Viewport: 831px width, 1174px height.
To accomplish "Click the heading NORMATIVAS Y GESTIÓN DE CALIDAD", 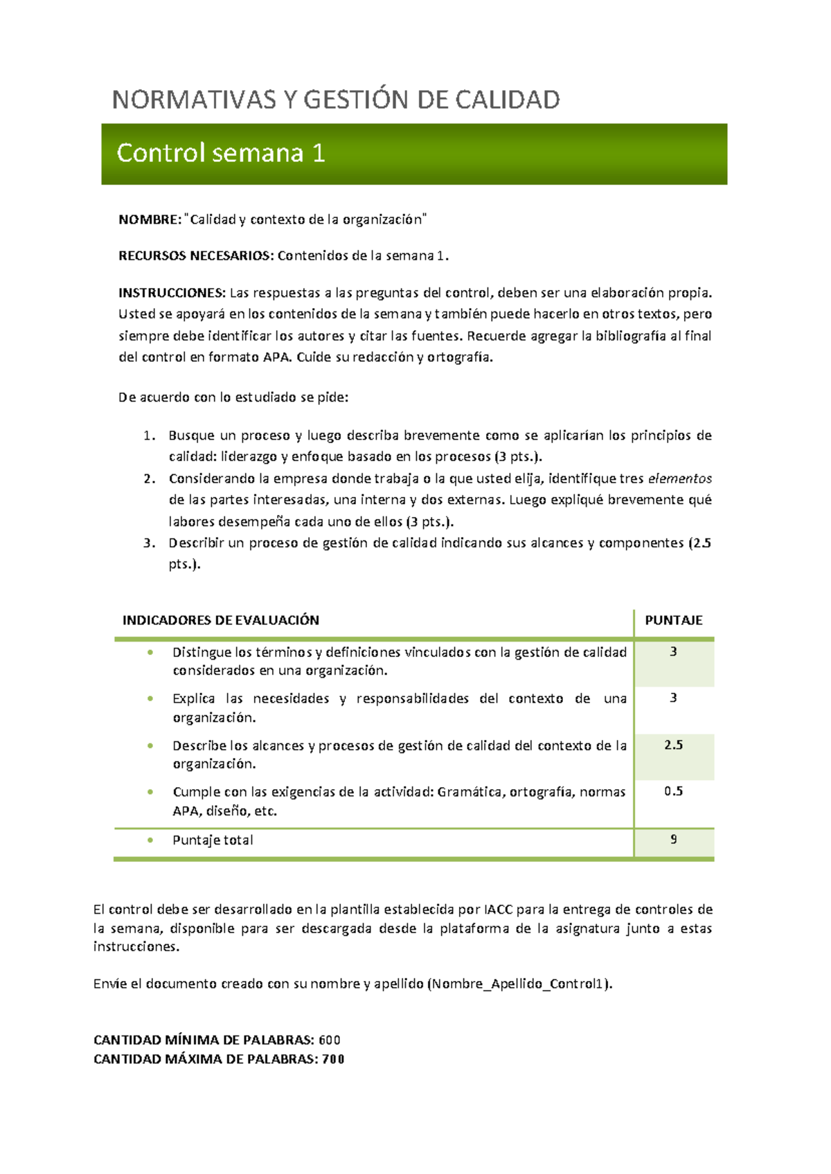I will (x=336, y=100).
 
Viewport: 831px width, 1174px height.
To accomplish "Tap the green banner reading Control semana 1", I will (x=414, y=154).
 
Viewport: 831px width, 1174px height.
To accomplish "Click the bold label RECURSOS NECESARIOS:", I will (x=196, y=256).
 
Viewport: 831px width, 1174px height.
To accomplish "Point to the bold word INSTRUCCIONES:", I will (x=172, y=293).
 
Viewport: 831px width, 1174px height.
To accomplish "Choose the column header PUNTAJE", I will (x=673, y=620).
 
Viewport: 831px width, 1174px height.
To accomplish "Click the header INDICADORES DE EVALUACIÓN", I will (x=221, y=620).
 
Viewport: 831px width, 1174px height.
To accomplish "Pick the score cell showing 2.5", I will (x=673, y=745).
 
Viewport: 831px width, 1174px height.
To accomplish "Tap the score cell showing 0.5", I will (x=673, y=791).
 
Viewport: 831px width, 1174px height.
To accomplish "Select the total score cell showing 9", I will (x=673, y=840).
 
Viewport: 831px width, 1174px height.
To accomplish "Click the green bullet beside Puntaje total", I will (x=150, y=840).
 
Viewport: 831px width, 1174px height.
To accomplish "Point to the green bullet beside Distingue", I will (x=150, y=652).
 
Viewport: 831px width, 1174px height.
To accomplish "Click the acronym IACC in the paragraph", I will (x=498, y=910).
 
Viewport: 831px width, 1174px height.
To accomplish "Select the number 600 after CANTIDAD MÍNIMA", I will (x=330, y=1040).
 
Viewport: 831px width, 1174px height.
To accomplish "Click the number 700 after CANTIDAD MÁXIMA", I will (x=333, y=1059).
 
